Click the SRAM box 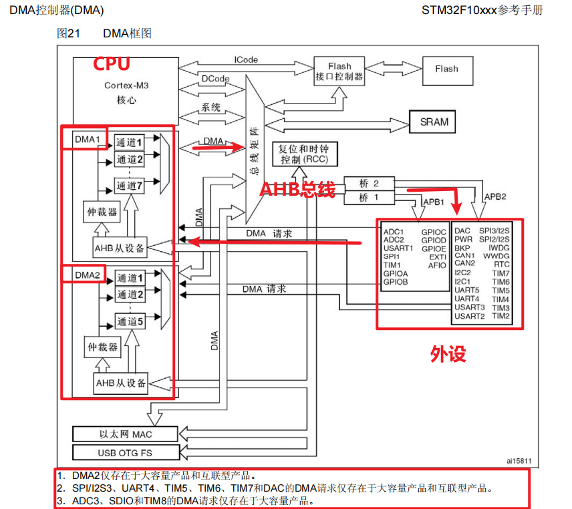pos(434,122)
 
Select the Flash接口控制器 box pos(339,71)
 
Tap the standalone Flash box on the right pos(446,69)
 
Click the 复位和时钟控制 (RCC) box pos(304,154)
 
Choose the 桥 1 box pos(368,198)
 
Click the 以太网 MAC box pos(126,435)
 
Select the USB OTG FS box pos(126,453)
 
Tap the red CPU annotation pos(111,64)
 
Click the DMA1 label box pos(86,139)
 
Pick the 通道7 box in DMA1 pos(130,186)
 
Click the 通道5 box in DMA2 pos(130,321)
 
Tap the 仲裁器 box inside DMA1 pos(103,212)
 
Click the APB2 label pos(495,197)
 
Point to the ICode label pos(246,59)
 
